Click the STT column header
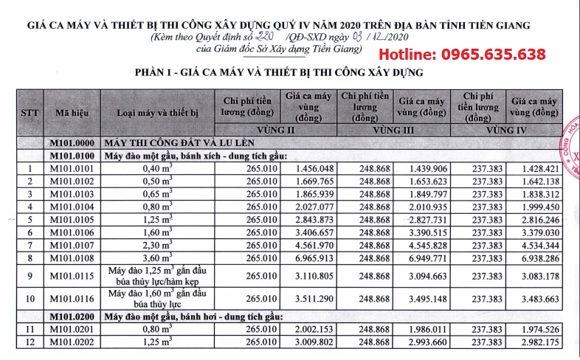click(30, 112)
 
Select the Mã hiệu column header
click(72, 112)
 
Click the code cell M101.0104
click(72, 207)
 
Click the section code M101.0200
click(72, 316)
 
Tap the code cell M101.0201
click(72, 329)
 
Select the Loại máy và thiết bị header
click(158, 112)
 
